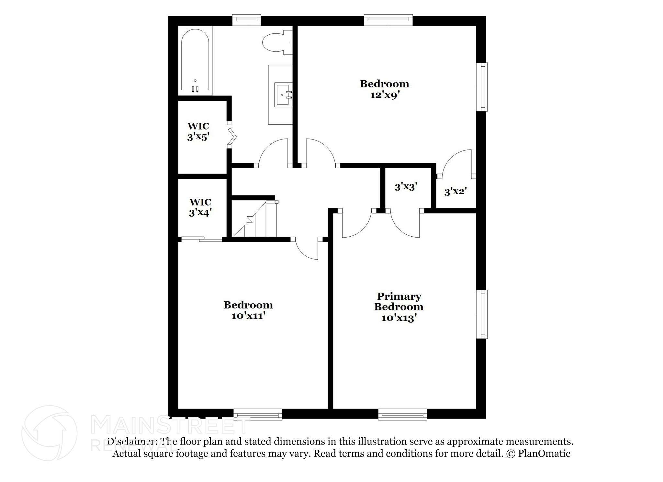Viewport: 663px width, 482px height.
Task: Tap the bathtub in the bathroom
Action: (195, 60)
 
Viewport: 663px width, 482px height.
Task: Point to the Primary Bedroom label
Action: (399, 301)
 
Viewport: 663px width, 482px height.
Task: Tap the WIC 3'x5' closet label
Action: (198, 132)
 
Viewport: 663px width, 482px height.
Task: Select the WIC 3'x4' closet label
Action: (200, 207)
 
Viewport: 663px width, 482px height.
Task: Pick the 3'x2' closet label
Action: (455, 192)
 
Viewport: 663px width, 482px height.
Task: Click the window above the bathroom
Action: (247, 20)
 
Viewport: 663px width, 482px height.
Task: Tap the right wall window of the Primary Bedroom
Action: (482, 314)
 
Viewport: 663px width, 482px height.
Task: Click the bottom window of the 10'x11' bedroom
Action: (258, 414)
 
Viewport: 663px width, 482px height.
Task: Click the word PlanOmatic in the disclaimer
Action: (544, 454)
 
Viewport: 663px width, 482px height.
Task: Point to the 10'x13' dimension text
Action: (399, 319)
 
